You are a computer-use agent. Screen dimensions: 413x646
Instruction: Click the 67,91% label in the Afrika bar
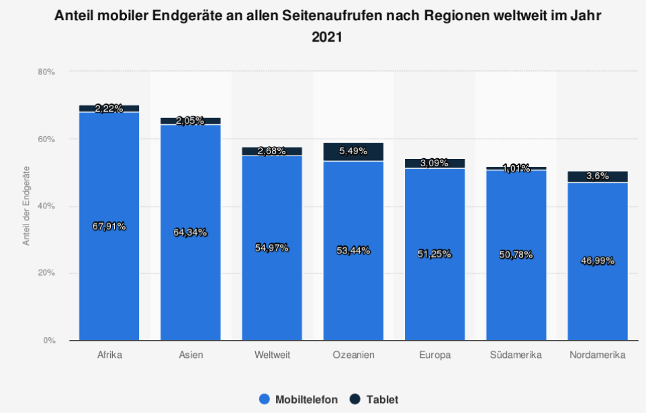pos(109,226)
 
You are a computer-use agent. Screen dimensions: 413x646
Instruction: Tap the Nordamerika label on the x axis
pos(597,355)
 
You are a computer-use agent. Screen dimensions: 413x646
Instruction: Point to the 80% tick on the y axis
pos(46,72)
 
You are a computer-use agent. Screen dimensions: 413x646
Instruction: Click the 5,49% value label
pos(353,152)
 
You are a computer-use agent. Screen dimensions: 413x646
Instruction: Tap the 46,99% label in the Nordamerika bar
pos(597,261)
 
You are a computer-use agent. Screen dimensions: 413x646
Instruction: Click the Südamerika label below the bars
pos(516,355)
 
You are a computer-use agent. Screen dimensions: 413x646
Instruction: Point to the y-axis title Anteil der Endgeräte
pos(27,205)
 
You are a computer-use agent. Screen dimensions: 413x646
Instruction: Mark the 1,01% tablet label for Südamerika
pos(516,168)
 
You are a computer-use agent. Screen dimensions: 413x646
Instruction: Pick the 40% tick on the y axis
pos(46,206)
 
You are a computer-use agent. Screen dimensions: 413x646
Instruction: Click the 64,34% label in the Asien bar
pos(190,232)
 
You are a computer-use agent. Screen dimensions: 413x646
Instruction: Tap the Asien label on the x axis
pos(190,355)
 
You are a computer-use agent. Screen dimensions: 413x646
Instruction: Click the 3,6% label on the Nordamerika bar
pos(597,176)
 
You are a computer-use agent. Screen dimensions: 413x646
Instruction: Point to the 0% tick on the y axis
pos(48,341)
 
